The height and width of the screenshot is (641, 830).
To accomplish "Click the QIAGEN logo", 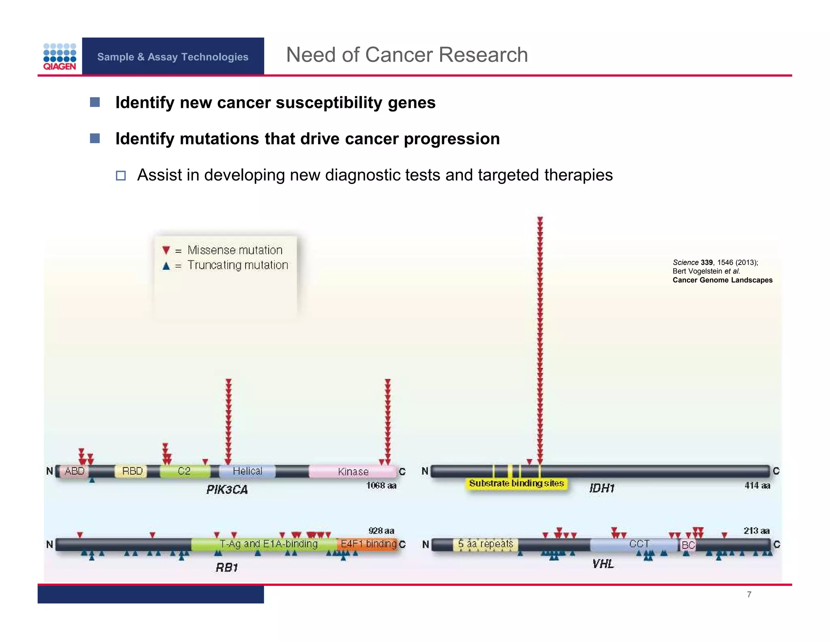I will click(60, 57).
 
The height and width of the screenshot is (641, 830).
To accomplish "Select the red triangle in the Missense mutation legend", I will click(166, 250).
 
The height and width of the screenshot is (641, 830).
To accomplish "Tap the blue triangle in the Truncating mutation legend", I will click(166, 266).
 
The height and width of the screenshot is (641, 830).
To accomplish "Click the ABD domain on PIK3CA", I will click(75, 471).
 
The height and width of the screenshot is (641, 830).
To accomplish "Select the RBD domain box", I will click(132, 471).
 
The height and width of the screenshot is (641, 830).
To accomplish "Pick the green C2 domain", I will click(184, 471).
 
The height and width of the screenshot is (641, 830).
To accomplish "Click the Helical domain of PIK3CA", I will click(247, 471).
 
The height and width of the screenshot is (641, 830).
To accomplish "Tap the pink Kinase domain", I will click(353, 472).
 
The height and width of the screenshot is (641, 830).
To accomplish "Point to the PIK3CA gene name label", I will click(227, 489).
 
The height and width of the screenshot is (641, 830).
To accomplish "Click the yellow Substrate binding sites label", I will click(516, 483).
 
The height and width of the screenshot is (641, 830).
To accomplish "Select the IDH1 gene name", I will click(602, 488).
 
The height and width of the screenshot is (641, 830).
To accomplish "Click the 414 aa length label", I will click(757, 485).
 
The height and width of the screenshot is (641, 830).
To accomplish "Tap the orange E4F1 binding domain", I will click(368, 544).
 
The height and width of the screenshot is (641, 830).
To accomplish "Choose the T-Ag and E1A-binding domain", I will click(268, 544).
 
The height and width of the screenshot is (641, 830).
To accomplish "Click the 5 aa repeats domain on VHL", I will click(486, 544).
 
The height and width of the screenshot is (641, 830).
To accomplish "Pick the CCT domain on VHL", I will click(639, 544).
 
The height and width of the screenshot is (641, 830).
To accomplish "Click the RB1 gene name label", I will click(227, 567).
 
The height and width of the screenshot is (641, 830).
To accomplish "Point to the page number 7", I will click(749, 594).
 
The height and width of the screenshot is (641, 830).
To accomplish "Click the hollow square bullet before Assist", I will click(121, 175).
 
